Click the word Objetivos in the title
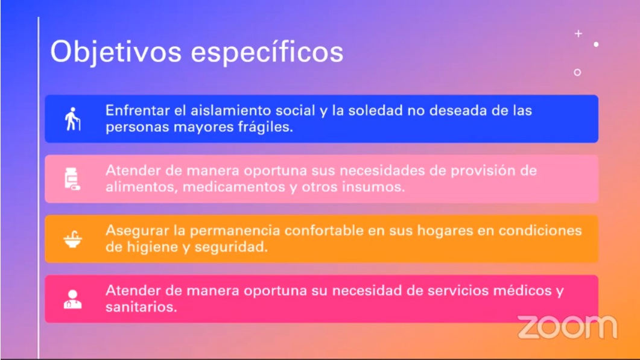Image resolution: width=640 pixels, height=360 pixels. (x=116, y=52)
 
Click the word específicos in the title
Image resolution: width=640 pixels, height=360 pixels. (x=267, y=52)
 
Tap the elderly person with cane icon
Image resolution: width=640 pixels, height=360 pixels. (x=72, y=119)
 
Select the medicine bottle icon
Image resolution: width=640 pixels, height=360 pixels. (x=72, y=178)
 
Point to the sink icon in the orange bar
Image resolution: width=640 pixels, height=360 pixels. (x=72, y=239)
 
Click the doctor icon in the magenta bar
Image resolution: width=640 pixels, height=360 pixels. (x=72, y=299)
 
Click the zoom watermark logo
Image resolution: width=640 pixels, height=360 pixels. (x=568, y=327)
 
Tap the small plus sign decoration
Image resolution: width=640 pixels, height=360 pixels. (x=578, y=34)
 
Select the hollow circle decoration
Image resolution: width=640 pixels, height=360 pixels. (x=577, y=72)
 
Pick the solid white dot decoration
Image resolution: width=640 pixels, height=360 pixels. (x=597, y=44)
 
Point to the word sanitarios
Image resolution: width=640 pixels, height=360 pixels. (x=141, y=307)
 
